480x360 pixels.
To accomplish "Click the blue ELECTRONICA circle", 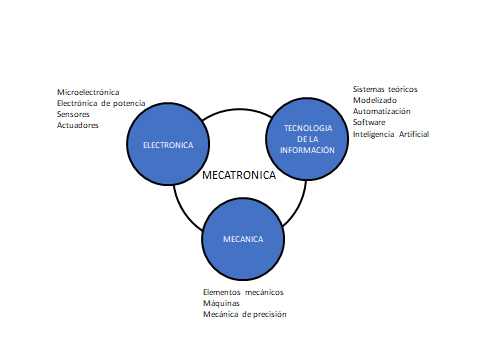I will tap(167, 146).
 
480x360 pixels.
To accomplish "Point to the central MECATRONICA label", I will tap(239, 174).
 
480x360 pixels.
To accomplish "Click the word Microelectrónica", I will tap(88, 92).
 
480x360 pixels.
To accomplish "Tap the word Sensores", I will tap(75, 114).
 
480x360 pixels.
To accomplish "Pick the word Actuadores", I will tap(78, 125).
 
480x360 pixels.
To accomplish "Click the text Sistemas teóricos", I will tap(385, 89).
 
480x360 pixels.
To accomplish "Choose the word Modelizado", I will tap(375, 100).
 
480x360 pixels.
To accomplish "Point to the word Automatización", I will tap(381, 111).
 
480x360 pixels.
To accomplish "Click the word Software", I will tap(369, 122).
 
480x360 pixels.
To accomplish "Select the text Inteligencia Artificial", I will tap(391, 133).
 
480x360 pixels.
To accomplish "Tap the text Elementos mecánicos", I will tap(243, 292).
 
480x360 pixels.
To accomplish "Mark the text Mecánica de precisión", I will tap(245, 314).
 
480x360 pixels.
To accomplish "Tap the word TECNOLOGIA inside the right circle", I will tap(307, 129).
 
